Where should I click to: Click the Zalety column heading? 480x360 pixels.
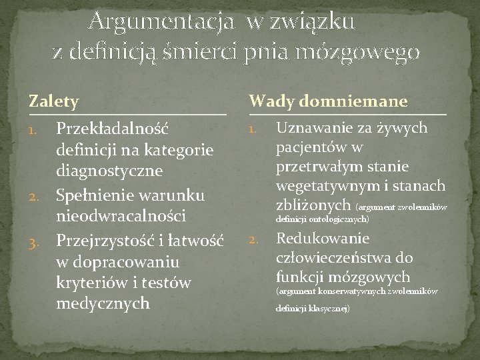point(53,101)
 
